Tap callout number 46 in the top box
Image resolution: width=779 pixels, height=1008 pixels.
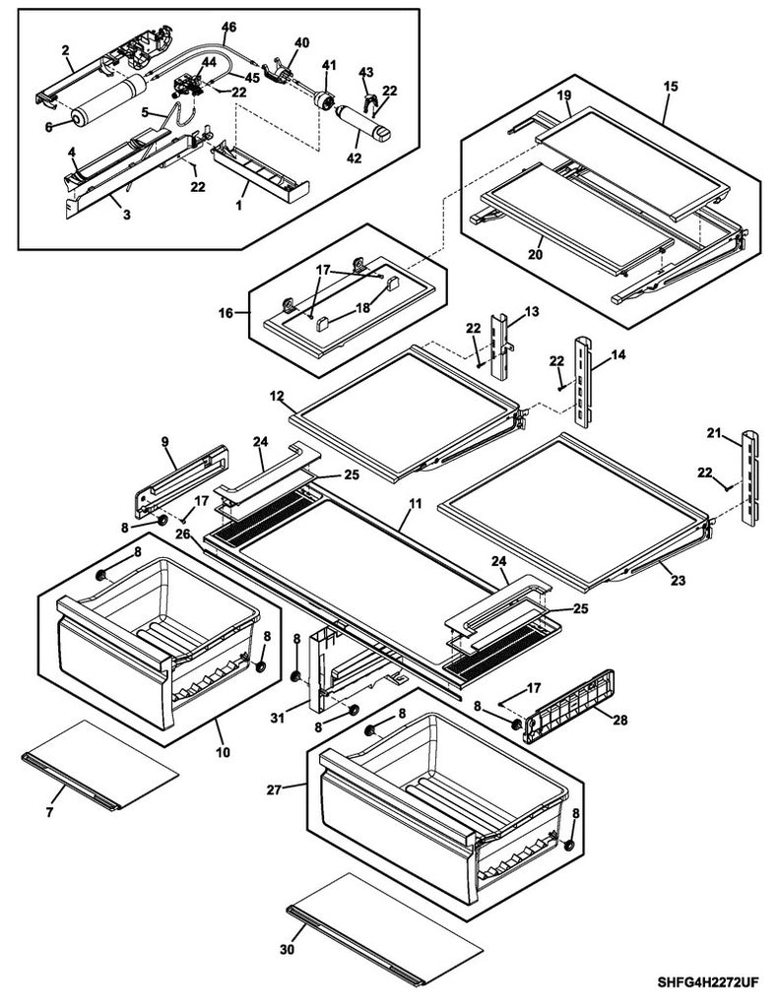[228, 27]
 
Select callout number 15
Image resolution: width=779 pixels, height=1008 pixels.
[671, 88]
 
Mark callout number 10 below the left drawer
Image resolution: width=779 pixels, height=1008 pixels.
[223, 753]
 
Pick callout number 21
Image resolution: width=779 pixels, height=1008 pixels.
[712, 432]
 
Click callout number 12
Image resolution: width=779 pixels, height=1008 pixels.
[278, 396]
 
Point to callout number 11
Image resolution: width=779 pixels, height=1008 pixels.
[415, 503]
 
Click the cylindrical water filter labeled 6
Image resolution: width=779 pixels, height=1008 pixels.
[102, 102]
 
